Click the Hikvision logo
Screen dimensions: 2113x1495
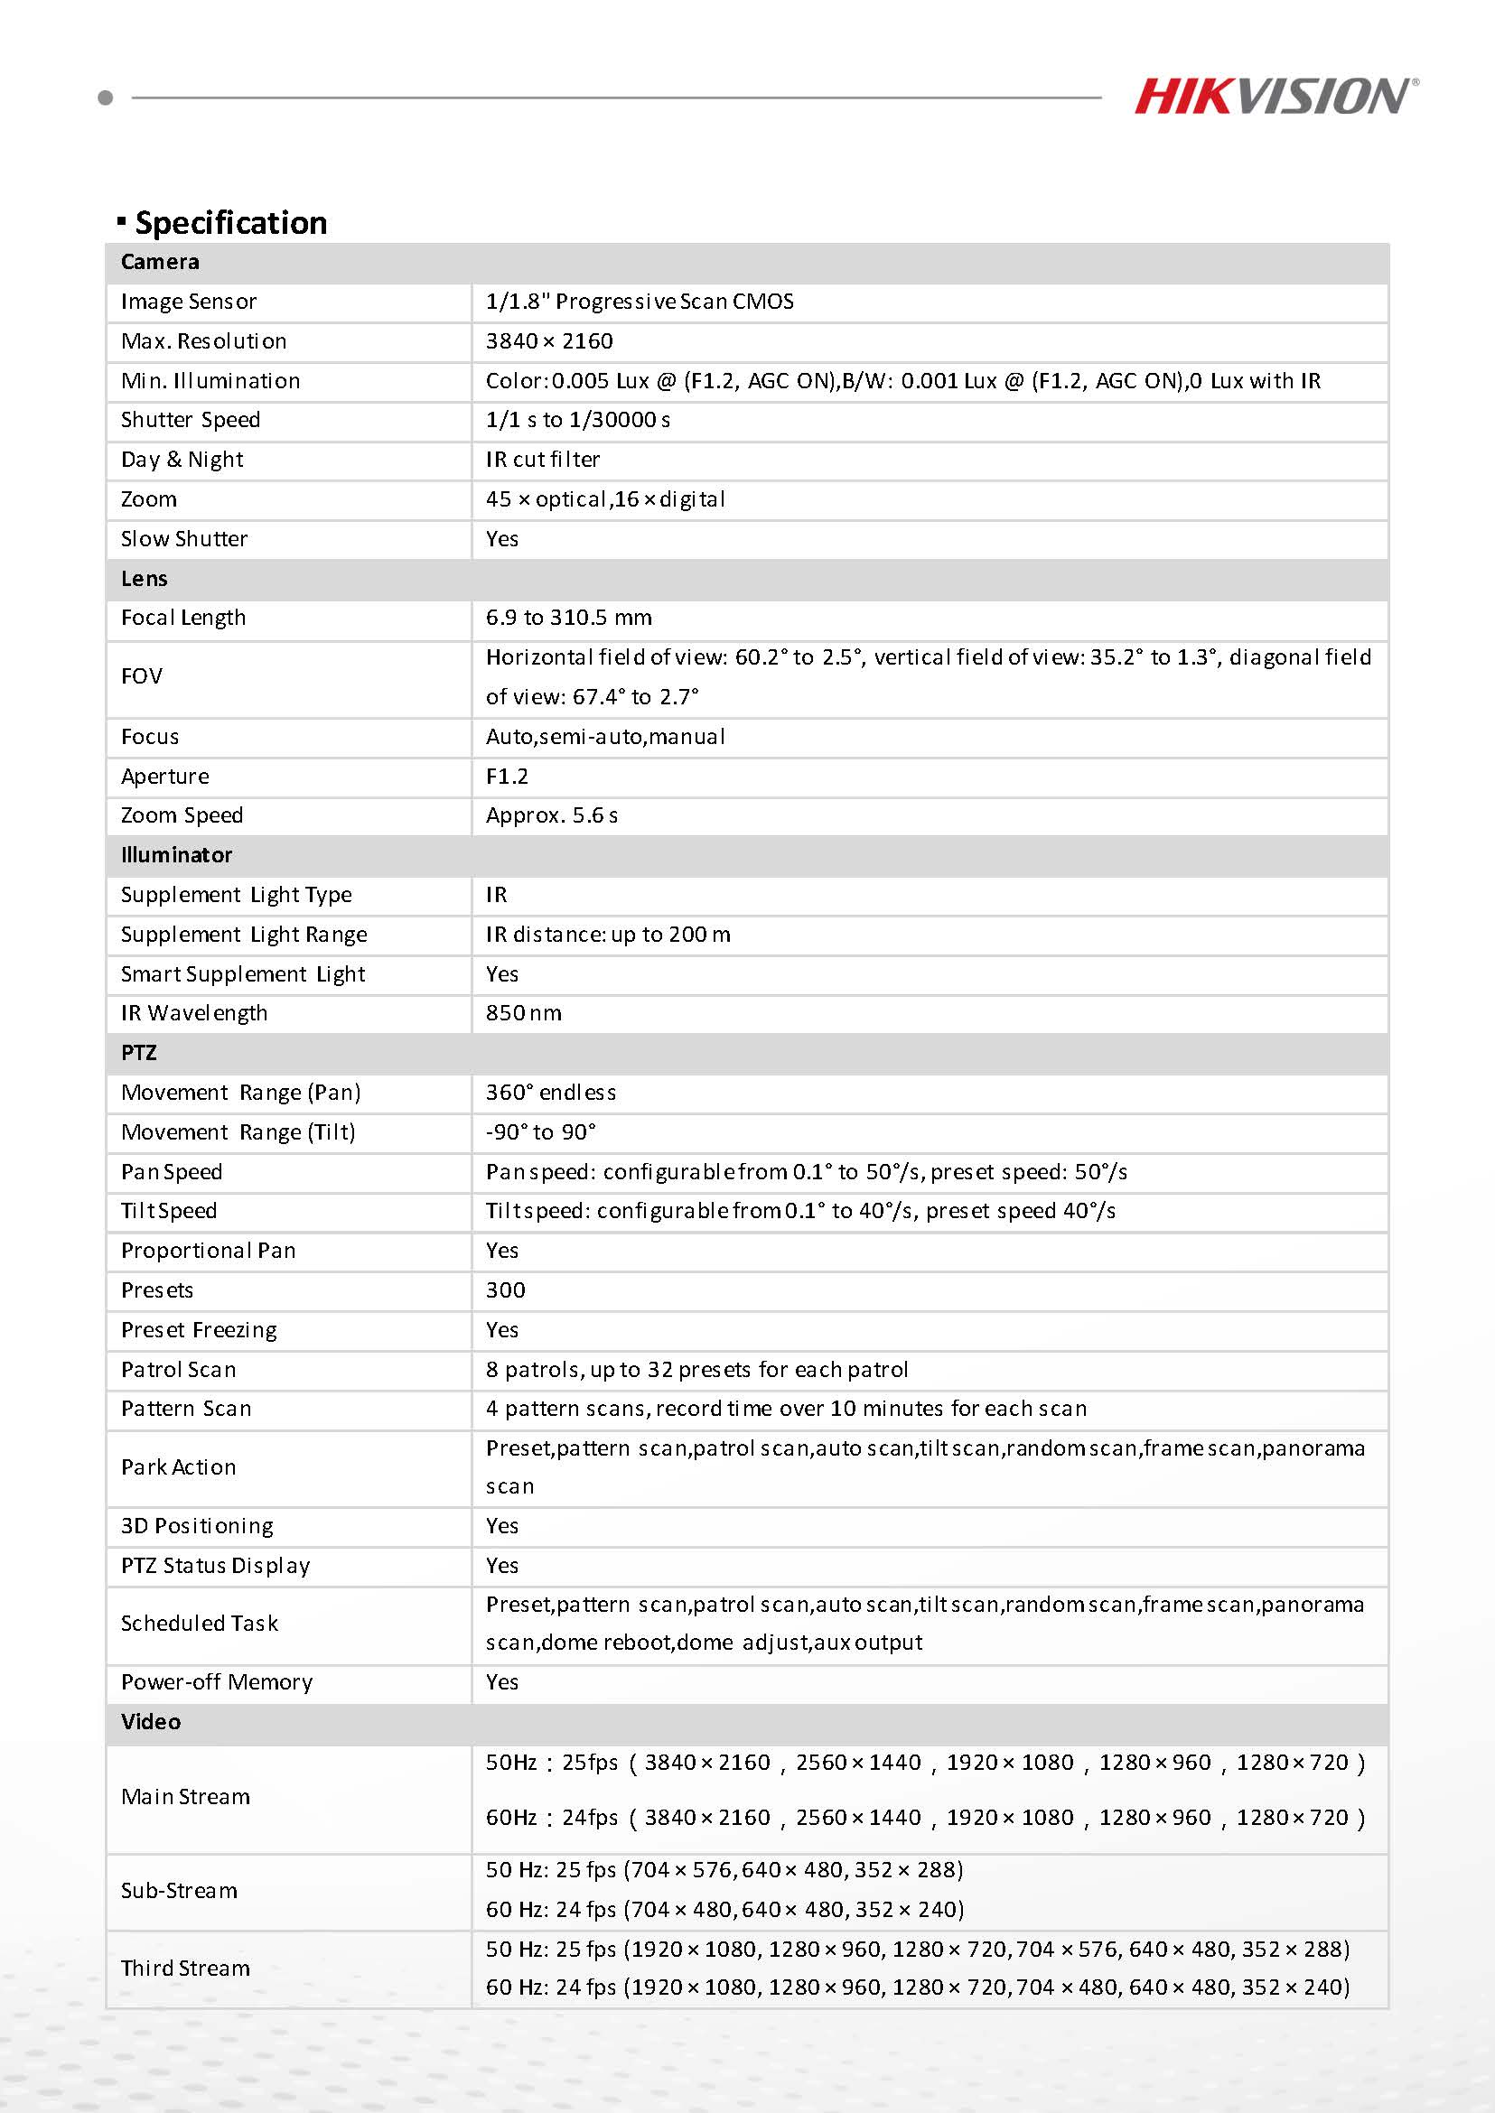coord(1275,97)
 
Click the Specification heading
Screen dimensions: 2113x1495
coord(230,223)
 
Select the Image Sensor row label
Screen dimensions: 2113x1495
coord(189,302)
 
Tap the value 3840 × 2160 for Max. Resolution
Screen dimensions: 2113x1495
coord(548,341)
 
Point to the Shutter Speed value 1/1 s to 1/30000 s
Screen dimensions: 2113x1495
coord(577,420)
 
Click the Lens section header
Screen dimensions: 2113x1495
coord(145,579)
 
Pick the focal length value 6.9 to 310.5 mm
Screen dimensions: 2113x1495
coord(568,618)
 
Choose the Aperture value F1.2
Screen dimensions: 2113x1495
coord(508,777)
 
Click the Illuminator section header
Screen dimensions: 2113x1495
coord(177,855)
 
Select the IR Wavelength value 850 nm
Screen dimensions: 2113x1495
coord(523,1013)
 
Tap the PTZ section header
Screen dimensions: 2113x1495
coord(139,1053)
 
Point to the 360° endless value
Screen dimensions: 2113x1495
coord(550,1093)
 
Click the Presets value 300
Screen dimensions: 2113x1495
coord(505,1290)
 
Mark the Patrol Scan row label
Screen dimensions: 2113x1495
coord(179,1370)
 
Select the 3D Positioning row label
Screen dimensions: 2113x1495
coord(197,1526)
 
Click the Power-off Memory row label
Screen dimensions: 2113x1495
coord(216,1682)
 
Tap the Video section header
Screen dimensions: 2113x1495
coord(151,1722)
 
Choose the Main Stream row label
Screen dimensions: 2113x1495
coord(185,1796)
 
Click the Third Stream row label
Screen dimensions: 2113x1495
coord(185,1968)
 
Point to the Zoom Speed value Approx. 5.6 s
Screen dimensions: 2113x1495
coord(551,815)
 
